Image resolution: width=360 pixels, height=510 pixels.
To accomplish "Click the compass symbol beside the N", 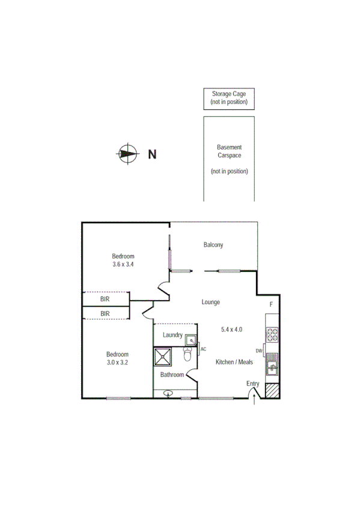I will pyautogui.click(x=127, y=153).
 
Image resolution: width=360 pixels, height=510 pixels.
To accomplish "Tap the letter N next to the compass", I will pyautogui.click(x=152, y=154).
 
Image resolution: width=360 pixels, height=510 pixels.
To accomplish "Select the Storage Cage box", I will pyautogui.click(x=228, y=99).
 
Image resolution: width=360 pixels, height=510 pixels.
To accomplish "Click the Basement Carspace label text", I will pyautogui.click(x=229, y=151).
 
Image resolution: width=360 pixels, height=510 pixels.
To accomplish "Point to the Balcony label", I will pyautogui.click(x=213, y=245).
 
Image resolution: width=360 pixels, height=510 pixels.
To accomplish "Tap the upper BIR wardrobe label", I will pyautogui.click(x=105, y=298).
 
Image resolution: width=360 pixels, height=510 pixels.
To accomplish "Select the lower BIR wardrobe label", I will pyautogui.click(x=105, y=313).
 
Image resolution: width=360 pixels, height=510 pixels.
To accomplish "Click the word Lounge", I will pyautogui.click(x=210, y=302).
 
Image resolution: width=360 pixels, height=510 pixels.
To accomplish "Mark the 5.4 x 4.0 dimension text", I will pyautogui.click(x=231, y=329).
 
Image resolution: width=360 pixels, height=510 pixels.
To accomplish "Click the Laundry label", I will pyautogui.click(x=172, y=335).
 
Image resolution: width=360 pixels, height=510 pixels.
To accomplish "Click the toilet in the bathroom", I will pyautogui.click(x=187, y=356).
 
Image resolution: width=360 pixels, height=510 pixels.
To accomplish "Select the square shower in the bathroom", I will pyautogui.click(x=163, y=357).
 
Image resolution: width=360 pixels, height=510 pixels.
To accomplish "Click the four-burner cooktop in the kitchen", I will pyautogui.click(x=271, y=334).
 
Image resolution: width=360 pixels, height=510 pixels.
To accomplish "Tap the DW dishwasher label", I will pyautogui.click(x=259, y=351).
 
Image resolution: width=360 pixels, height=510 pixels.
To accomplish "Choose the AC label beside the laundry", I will pyautogui.click(x=203, y=349).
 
